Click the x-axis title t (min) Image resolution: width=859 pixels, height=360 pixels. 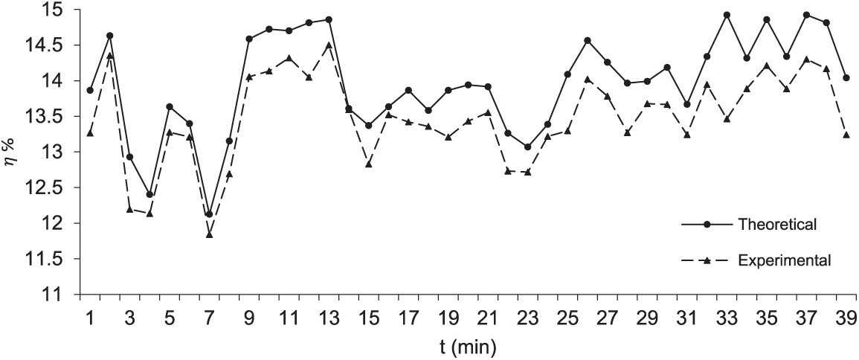[x=467, y=346]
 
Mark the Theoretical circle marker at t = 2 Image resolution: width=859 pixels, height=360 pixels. [x=110, y=36]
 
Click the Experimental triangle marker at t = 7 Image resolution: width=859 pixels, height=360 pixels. [x=210, y=234]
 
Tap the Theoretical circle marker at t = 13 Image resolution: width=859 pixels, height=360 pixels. [x=329, y=19]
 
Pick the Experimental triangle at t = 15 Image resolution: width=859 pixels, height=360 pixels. [x=368, y=164]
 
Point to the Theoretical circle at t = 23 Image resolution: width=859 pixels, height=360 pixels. [x=527, y=147]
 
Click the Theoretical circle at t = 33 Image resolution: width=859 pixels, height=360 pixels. [x=727, y=15]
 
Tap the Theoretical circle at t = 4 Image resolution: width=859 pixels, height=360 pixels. [x=149, y=195]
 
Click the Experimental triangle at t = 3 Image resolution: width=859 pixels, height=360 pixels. [x=130, y=210]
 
